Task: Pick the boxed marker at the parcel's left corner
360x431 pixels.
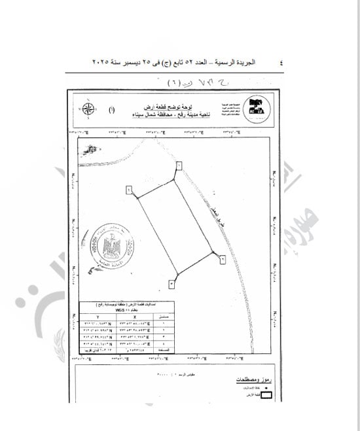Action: tap(128, 190)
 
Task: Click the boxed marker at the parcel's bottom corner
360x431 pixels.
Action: tap(171, 283)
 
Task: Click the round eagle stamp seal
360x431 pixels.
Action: tap(120, 247)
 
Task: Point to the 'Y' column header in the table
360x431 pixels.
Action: tap(98, 317)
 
